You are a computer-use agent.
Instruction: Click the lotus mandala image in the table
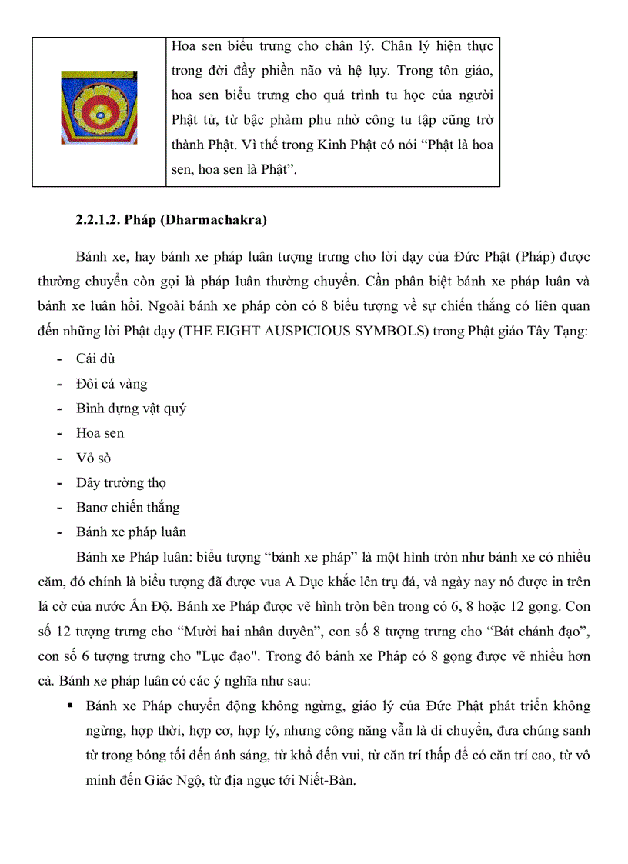click(x=99, y=108)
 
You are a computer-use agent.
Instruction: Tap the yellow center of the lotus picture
click(x=99, y=113)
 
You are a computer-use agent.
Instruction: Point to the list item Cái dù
click(x=95, y=359)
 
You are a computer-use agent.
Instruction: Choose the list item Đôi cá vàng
click(x=112, y=383)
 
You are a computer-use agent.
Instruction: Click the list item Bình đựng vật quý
click(x=131, y=408)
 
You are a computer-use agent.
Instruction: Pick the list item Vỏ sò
click(x=93, y=458)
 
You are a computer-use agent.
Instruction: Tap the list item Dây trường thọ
click(x=121, y=482)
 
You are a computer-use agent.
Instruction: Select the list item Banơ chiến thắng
click(x=128, y=507)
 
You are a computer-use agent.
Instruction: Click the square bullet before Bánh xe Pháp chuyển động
click(x=70, y=706)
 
